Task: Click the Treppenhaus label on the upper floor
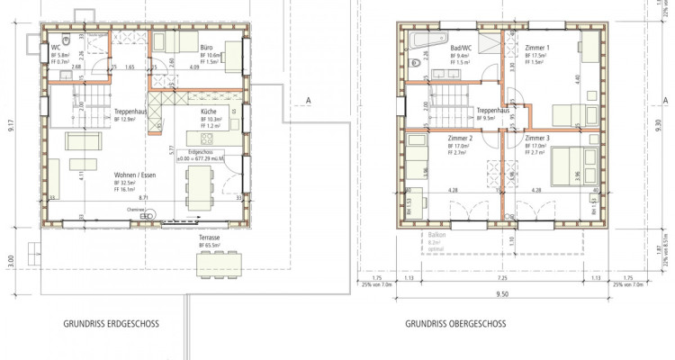(492, 111)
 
